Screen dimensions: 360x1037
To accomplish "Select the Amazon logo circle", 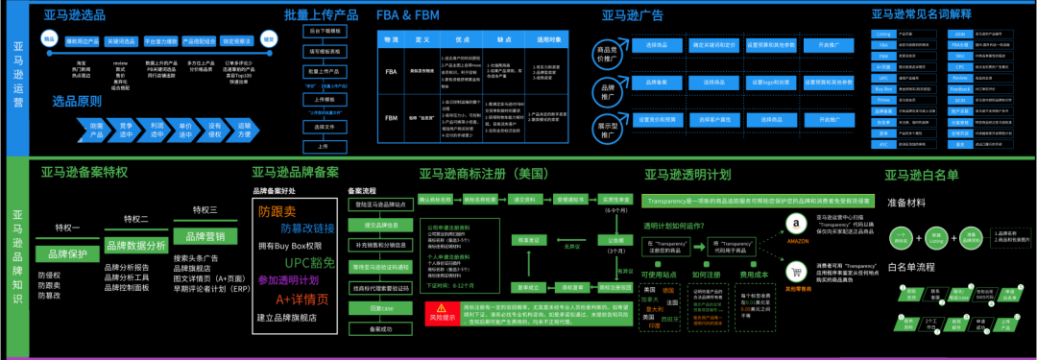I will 794,225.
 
